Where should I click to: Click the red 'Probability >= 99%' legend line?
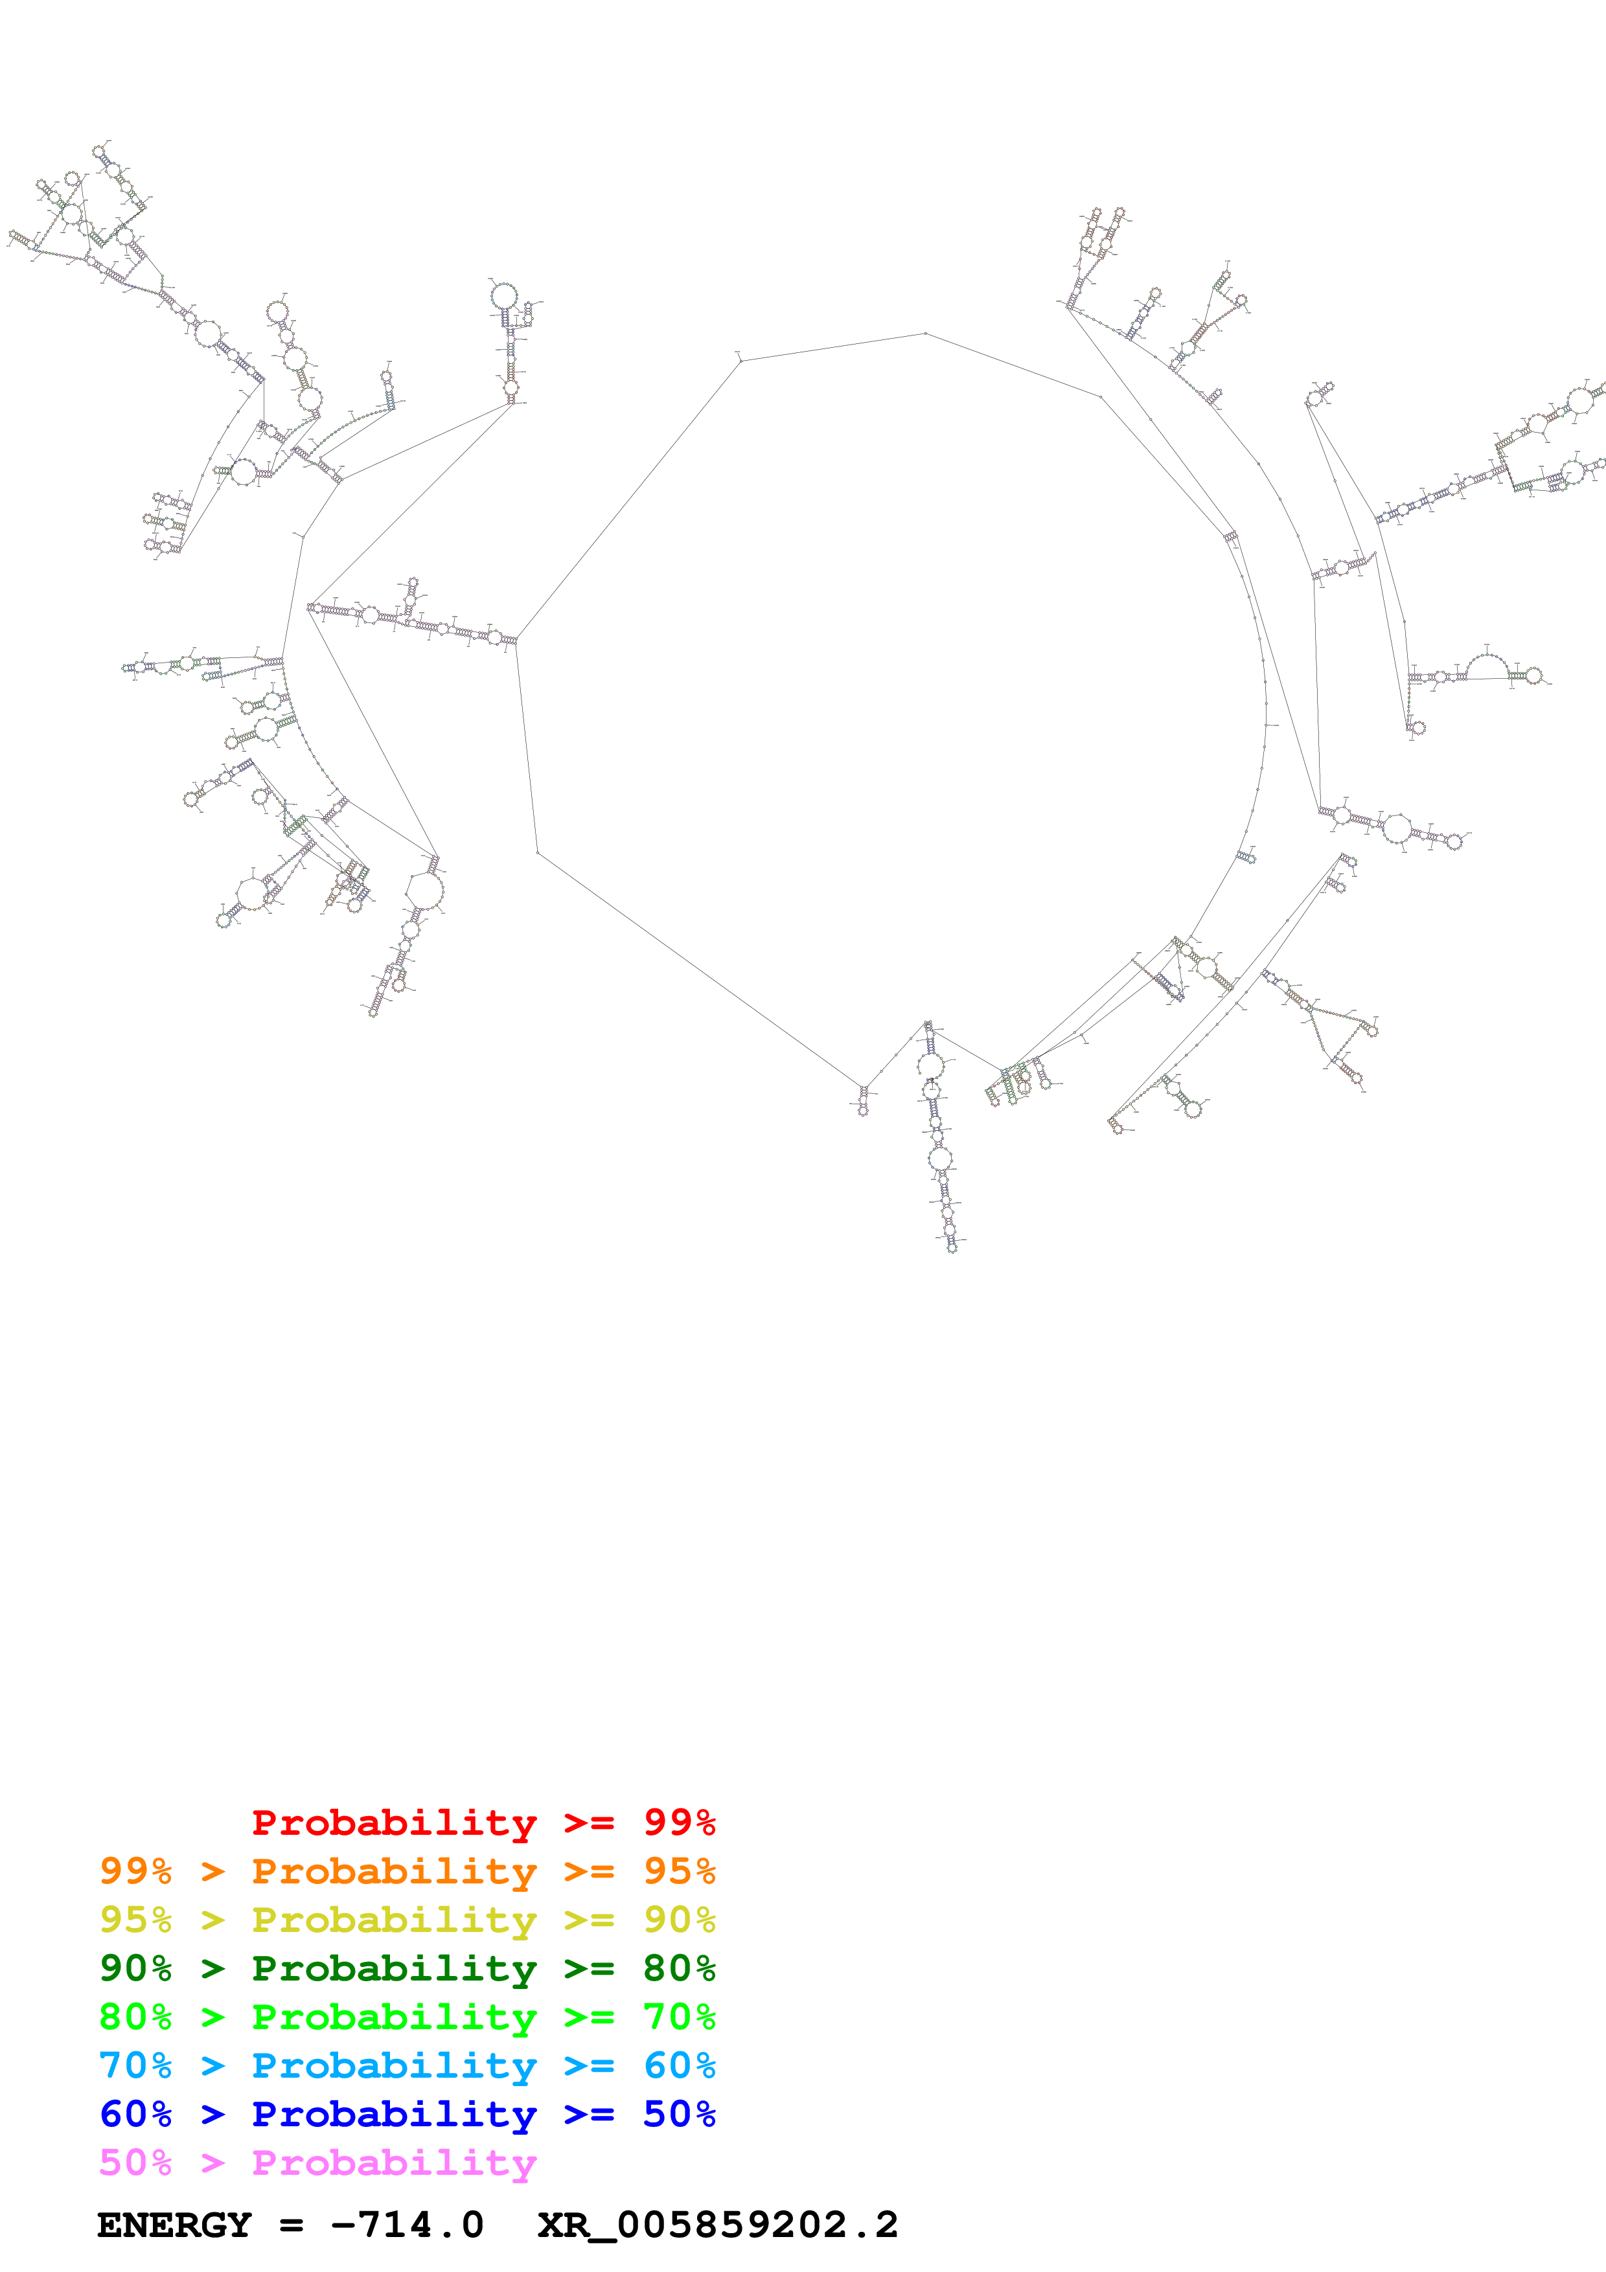(483, 1823)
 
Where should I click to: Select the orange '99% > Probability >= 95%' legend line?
(407, 1871)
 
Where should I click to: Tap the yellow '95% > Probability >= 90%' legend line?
(407, 1920)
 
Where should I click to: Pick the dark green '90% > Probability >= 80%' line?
(407, 1968)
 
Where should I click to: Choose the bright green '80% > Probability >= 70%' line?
(407, 2017)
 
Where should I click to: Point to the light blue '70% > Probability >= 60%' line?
(407, 2065)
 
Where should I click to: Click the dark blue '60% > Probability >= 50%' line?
(407, 2114)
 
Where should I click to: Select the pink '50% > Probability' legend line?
(317, 2162)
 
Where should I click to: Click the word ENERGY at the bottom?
(174, 2225)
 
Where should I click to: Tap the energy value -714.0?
(407, 2225)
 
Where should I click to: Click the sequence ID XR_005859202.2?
(717, 2225)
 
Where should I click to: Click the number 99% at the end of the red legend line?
(679, 1823)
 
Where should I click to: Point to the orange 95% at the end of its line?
(679, 1871)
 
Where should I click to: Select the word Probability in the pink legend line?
(394, 2162)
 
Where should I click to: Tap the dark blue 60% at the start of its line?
(135, 2114)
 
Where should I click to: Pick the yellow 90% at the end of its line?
(679, 1920)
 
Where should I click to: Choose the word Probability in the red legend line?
(394, 1823)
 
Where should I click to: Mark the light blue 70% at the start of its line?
(135, 2065)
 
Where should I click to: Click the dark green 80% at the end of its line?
(679, 1968)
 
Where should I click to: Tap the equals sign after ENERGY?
(291, 2225)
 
